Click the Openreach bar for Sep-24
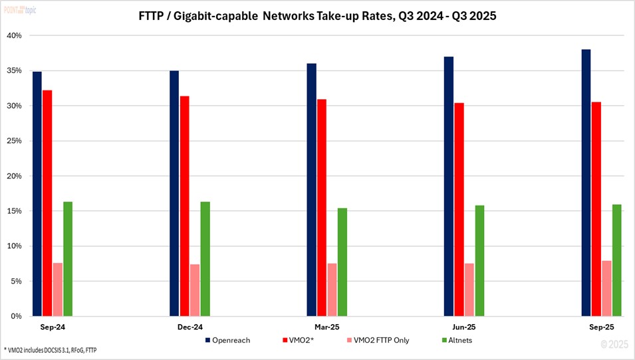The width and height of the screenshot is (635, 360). (x=37, y=194)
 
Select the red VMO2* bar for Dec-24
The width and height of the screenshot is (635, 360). (x=184, y=206)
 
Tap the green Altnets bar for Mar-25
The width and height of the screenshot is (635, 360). (x=342, y=262)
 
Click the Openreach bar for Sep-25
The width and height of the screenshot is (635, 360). (x=586, y=183)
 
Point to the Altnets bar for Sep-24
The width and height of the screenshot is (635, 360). (x=68, y=259)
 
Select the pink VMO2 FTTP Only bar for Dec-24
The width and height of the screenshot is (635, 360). (x=195, y=290)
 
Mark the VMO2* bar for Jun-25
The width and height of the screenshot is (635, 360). (x=459, y=210)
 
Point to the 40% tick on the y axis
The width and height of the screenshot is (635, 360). (x=14, y=35)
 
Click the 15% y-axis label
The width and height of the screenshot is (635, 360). (x=14, y=211)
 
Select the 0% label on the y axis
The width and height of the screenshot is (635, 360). (x=16, y=316)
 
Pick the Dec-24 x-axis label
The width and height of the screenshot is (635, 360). (x=190, y=327)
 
